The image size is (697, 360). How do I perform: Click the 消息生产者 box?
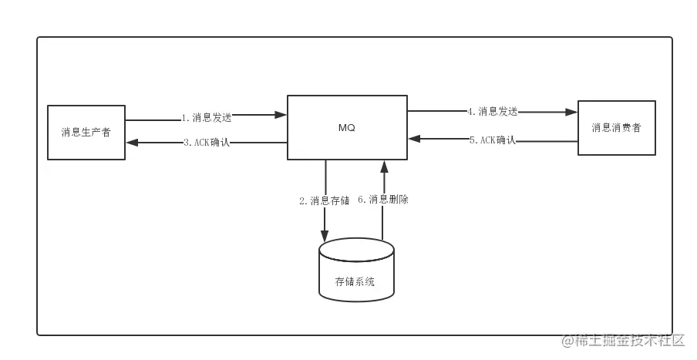point(86,133)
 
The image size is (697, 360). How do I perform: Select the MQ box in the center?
point(347,127)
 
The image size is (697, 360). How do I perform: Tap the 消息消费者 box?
point(617,128)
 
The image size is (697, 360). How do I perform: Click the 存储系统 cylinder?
point(356,270)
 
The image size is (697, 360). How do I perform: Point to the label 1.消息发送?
point(207,118)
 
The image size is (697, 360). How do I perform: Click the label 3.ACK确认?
point(207,143)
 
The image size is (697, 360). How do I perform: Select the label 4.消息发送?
point(493,112)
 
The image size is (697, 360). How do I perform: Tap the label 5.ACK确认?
point(493,140)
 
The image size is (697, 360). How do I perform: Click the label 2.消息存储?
point(325,201)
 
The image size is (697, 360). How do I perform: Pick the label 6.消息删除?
point(383,200)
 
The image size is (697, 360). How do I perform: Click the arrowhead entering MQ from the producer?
point(281,115)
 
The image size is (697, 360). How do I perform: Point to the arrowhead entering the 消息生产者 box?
point(133,143)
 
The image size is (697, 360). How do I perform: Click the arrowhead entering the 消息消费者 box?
point(571,112)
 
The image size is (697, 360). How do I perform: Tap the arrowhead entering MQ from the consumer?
point(414,139)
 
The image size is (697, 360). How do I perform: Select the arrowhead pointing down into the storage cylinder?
point(325,236)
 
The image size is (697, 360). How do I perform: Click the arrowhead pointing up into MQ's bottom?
point(385,167)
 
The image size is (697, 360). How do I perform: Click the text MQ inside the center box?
point(347,128)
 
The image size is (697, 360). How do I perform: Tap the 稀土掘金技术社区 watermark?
point(629,341)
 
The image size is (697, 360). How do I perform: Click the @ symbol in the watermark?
point(567,341)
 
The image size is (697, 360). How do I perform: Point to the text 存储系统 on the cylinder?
point(355,281)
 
